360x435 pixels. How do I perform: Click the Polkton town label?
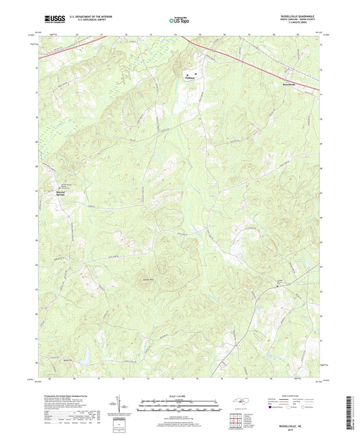(194, 78)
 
